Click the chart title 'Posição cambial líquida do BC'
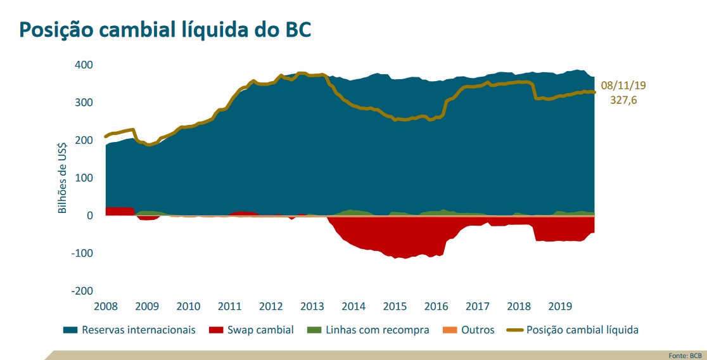[x=165, y=29]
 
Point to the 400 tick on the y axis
[x=84, y=65]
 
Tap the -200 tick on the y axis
[x=82, y=290]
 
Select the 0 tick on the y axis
[x=90, y=215]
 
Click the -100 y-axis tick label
[x=82, y=253]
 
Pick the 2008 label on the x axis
[x=106, y=306]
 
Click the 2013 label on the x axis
[x=312, y=306]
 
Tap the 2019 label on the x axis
[x=559, y=306]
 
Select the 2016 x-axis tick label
[x=436, y=306]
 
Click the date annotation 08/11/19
[x=623, y=86]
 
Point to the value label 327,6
[x=623, y=100]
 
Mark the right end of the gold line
[x=594, y=92]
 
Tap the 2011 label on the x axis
[x=229, y=306]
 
